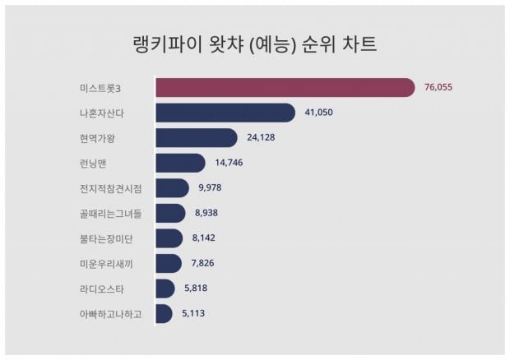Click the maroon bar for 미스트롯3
pyautogui.click(x=284, y=87)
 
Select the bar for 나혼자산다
pyautogui.click(x=225, y=113)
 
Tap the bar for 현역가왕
pyautogui.click(x=196, y=137)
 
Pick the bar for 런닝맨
pyautogui.click(x=179, y=163)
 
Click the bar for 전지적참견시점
pyautogui.click(x=171, y=188)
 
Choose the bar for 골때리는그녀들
pyautogui.click(x=169, y=213)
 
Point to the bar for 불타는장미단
pyautogui.click(x=169, y=238)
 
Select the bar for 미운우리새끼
pyautogui.click(x=168, y=263)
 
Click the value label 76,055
pyautogui.click(x=439, y=87)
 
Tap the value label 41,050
pyautogui.click(x=319, y=113)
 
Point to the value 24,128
pyautogui.click(x=261, y=137)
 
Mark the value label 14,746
pyautogui.click(x=229, y=163)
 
